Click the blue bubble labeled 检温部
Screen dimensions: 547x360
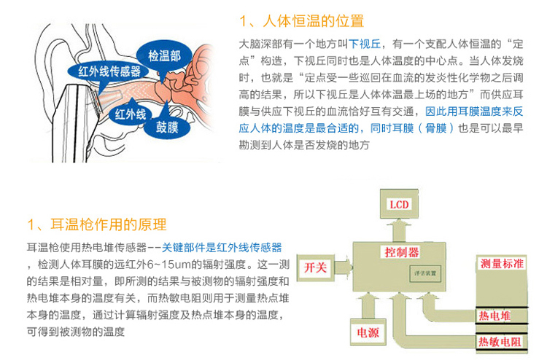click(164, 55)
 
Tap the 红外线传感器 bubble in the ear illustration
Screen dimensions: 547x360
click(109, 71)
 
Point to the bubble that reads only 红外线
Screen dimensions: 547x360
click(131, 114)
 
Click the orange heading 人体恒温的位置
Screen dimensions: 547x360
click(309, 20)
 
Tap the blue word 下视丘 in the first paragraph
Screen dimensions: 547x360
click(363, 44)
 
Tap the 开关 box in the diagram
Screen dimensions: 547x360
click(319, 267)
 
